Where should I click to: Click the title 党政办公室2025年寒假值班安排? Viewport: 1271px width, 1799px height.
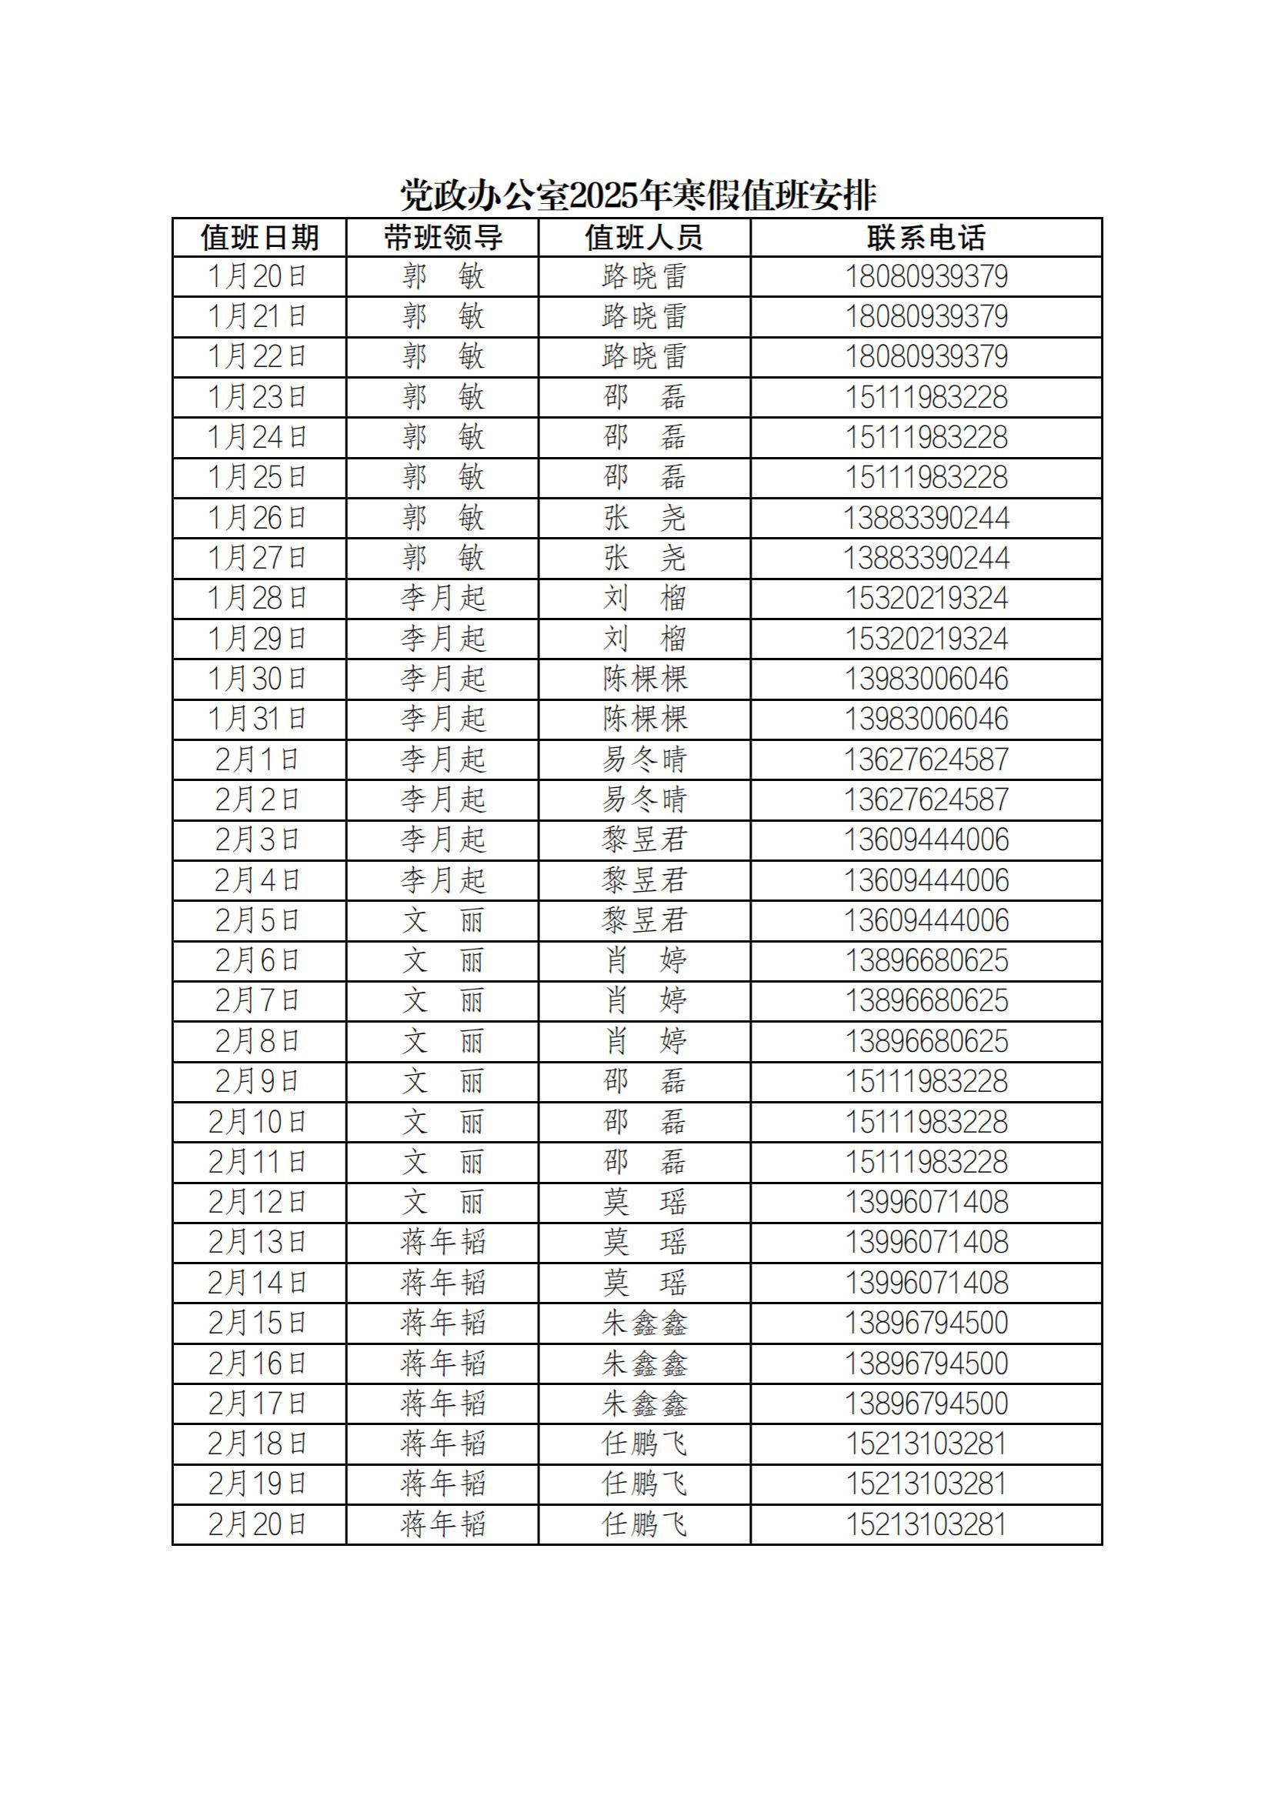tap(638, 195)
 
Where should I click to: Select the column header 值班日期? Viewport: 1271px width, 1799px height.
tap(259, 238)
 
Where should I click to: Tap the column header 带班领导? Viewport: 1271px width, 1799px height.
tap(442, 238)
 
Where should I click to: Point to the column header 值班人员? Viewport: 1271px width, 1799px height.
tap(644, 238)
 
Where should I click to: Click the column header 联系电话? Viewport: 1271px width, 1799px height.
tap(926, 238)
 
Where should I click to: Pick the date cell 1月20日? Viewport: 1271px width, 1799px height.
tap(258, 276)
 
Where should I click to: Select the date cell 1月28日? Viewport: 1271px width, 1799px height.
tap(258, 599)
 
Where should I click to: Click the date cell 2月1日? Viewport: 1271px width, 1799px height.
tap(258, 759)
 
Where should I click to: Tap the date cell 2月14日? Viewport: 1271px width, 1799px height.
tap(258, 1283)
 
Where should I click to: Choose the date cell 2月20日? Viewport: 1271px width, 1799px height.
tap(258, 1524)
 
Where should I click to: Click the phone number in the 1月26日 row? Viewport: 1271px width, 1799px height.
tap(926, 518)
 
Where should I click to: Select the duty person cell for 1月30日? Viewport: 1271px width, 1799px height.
tap(644, 679)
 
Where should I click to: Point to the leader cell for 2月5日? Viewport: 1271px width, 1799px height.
tap(442, 920)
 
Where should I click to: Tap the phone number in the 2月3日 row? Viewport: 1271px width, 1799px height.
tap(926, 840)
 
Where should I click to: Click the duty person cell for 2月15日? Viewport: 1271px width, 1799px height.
tap(644, 1323)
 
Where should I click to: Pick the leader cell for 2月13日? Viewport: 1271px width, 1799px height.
tap(442, 1242)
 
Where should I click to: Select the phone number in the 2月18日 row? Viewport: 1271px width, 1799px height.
tap(926, 1444)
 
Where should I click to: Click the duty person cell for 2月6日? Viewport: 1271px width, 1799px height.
tap(644, 960)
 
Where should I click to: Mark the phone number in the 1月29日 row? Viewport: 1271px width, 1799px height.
tap(926, 639)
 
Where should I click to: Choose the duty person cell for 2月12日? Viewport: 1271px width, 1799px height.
tap(644, 1202)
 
